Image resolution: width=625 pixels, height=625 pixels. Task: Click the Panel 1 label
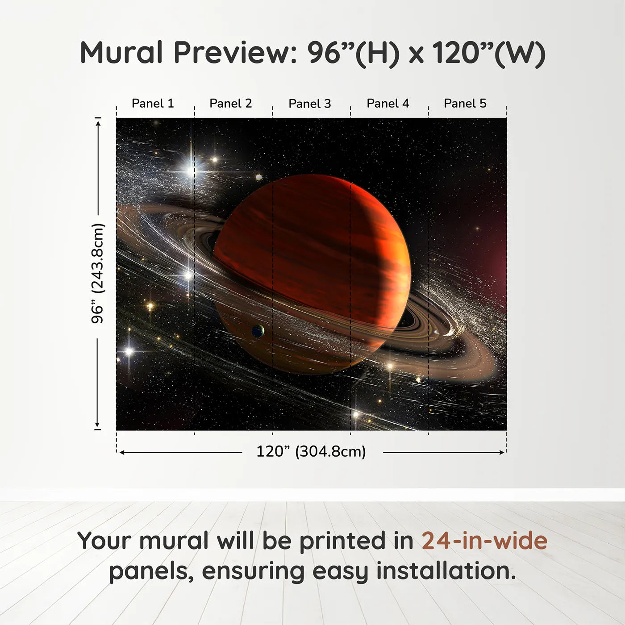point(153,104)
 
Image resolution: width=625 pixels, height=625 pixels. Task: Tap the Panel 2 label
point(231,104)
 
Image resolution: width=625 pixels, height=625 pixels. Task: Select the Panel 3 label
point(310,104)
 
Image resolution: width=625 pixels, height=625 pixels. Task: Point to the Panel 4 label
point(388,104)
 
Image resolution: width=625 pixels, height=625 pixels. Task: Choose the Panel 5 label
point(465,104)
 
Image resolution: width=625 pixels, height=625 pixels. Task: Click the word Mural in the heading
point(121,53)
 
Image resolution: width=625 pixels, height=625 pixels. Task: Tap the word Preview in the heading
point(232,53)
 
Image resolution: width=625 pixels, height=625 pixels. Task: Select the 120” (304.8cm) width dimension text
point(311,452)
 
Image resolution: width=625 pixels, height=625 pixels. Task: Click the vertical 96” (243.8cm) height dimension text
point(97,273)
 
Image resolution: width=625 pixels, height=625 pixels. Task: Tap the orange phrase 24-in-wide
point(484,541)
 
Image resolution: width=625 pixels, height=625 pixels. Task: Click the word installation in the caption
point(446,571)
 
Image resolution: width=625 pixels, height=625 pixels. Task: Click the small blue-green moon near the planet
point(258,331)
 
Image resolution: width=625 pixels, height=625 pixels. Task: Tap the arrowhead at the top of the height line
point(98,121)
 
